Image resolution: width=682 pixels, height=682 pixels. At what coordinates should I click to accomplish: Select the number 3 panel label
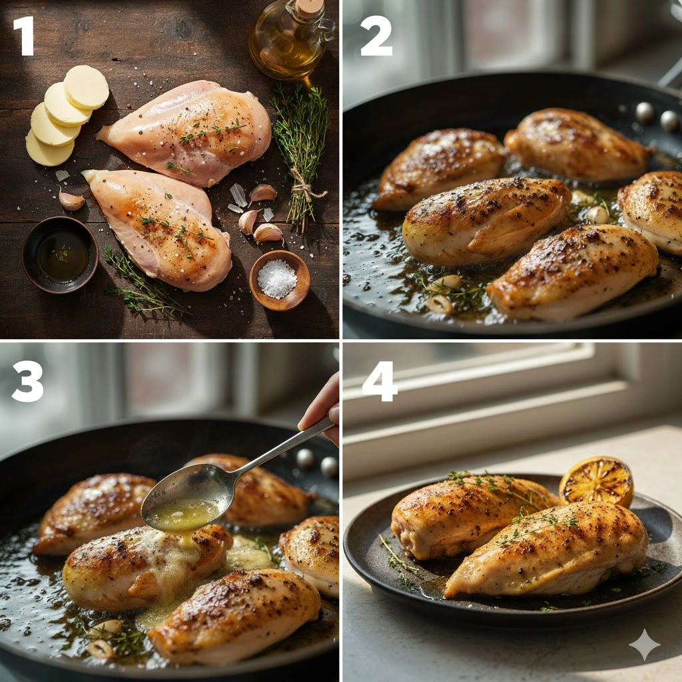click(27, 382)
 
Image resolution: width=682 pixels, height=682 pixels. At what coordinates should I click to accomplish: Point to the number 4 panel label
click(380, 382)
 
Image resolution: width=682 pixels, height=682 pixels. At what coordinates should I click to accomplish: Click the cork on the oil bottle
click(309, 7)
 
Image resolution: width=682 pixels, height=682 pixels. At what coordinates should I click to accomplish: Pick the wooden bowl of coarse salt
click(280, 280)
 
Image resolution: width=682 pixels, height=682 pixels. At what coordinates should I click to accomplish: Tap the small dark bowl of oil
click(60, 255)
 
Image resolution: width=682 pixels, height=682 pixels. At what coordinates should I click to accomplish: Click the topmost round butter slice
click(87, 87)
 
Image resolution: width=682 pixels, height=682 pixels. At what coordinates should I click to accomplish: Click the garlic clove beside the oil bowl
click(71, 200)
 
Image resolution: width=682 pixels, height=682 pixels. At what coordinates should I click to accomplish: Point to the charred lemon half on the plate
click(596, 481)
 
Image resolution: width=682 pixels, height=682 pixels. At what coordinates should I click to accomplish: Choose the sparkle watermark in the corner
click(645, 644)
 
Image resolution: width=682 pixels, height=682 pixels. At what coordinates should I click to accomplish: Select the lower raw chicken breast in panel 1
click(161, 228)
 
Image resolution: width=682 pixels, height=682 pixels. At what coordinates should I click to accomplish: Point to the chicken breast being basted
click(148, 565)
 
